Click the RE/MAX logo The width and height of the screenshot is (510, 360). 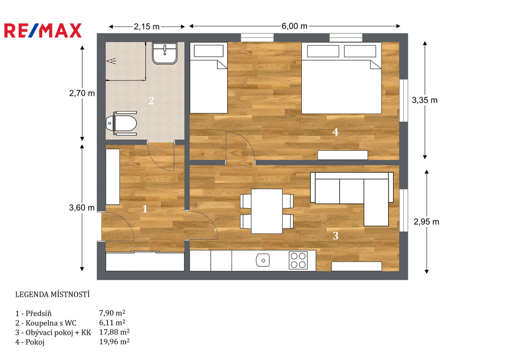click(43, 31)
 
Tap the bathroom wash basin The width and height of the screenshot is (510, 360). click(164, 53)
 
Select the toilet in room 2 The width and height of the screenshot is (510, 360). click(122, 123)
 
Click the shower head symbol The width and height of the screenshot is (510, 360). click(111, 60)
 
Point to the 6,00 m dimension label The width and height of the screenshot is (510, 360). click(294, 26)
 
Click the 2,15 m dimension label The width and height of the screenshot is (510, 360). click(147, 26)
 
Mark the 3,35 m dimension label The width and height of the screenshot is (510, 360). click(424, 100)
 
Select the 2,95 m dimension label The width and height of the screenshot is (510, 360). click(426, 222)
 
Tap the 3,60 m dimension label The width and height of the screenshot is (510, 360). click(82, 208)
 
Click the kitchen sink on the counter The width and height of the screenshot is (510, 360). click(263, 260)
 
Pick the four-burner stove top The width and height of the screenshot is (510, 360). click(298, 260)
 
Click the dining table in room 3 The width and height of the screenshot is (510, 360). click(267, 212)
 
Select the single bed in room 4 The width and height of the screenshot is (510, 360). click(209, 78)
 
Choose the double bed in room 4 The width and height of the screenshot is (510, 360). click(342, 78)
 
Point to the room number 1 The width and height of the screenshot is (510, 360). click(145, 209)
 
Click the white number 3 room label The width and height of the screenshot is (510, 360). click(336, 236)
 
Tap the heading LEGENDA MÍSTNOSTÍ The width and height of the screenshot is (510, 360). click(52, 294)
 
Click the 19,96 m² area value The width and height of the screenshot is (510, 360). click(115, 342)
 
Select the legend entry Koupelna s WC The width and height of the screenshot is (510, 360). click(51, 323)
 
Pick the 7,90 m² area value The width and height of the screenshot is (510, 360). click(112, 313)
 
